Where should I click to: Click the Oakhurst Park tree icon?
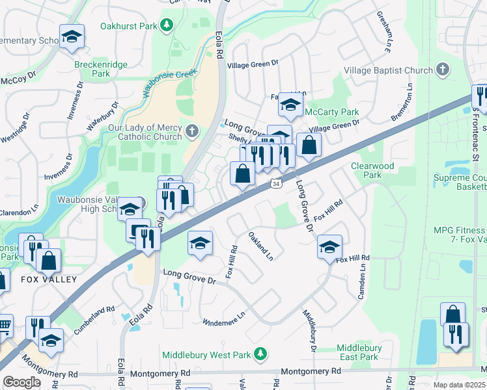[167, 25]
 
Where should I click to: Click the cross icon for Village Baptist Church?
[442, 70]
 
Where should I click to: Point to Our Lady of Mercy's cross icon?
[191, 132]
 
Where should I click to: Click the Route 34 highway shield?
[277, 185]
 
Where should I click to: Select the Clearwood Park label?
[372, 170]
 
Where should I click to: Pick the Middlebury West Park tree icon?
[260, 354]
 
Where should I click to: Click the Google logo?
[21, 382]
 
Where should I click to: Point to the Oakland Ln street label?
[260, 245]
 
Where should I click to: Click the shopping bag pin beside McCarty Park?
[309, 144]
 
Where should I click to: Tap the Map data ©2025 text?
[460, 385]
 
